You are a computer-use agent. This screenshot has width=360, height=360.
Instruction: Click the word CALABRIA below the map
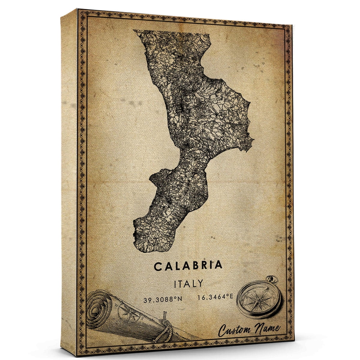click(188, 265)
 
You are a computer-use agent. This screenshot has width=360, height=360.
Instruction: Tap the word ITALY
click(188, 283)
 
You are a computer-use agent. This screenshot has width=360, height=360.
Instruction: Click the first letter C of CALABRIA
click(158, 266)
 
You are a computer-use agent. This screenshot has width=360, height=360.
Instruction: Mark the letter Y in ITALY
click(199, 283)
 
